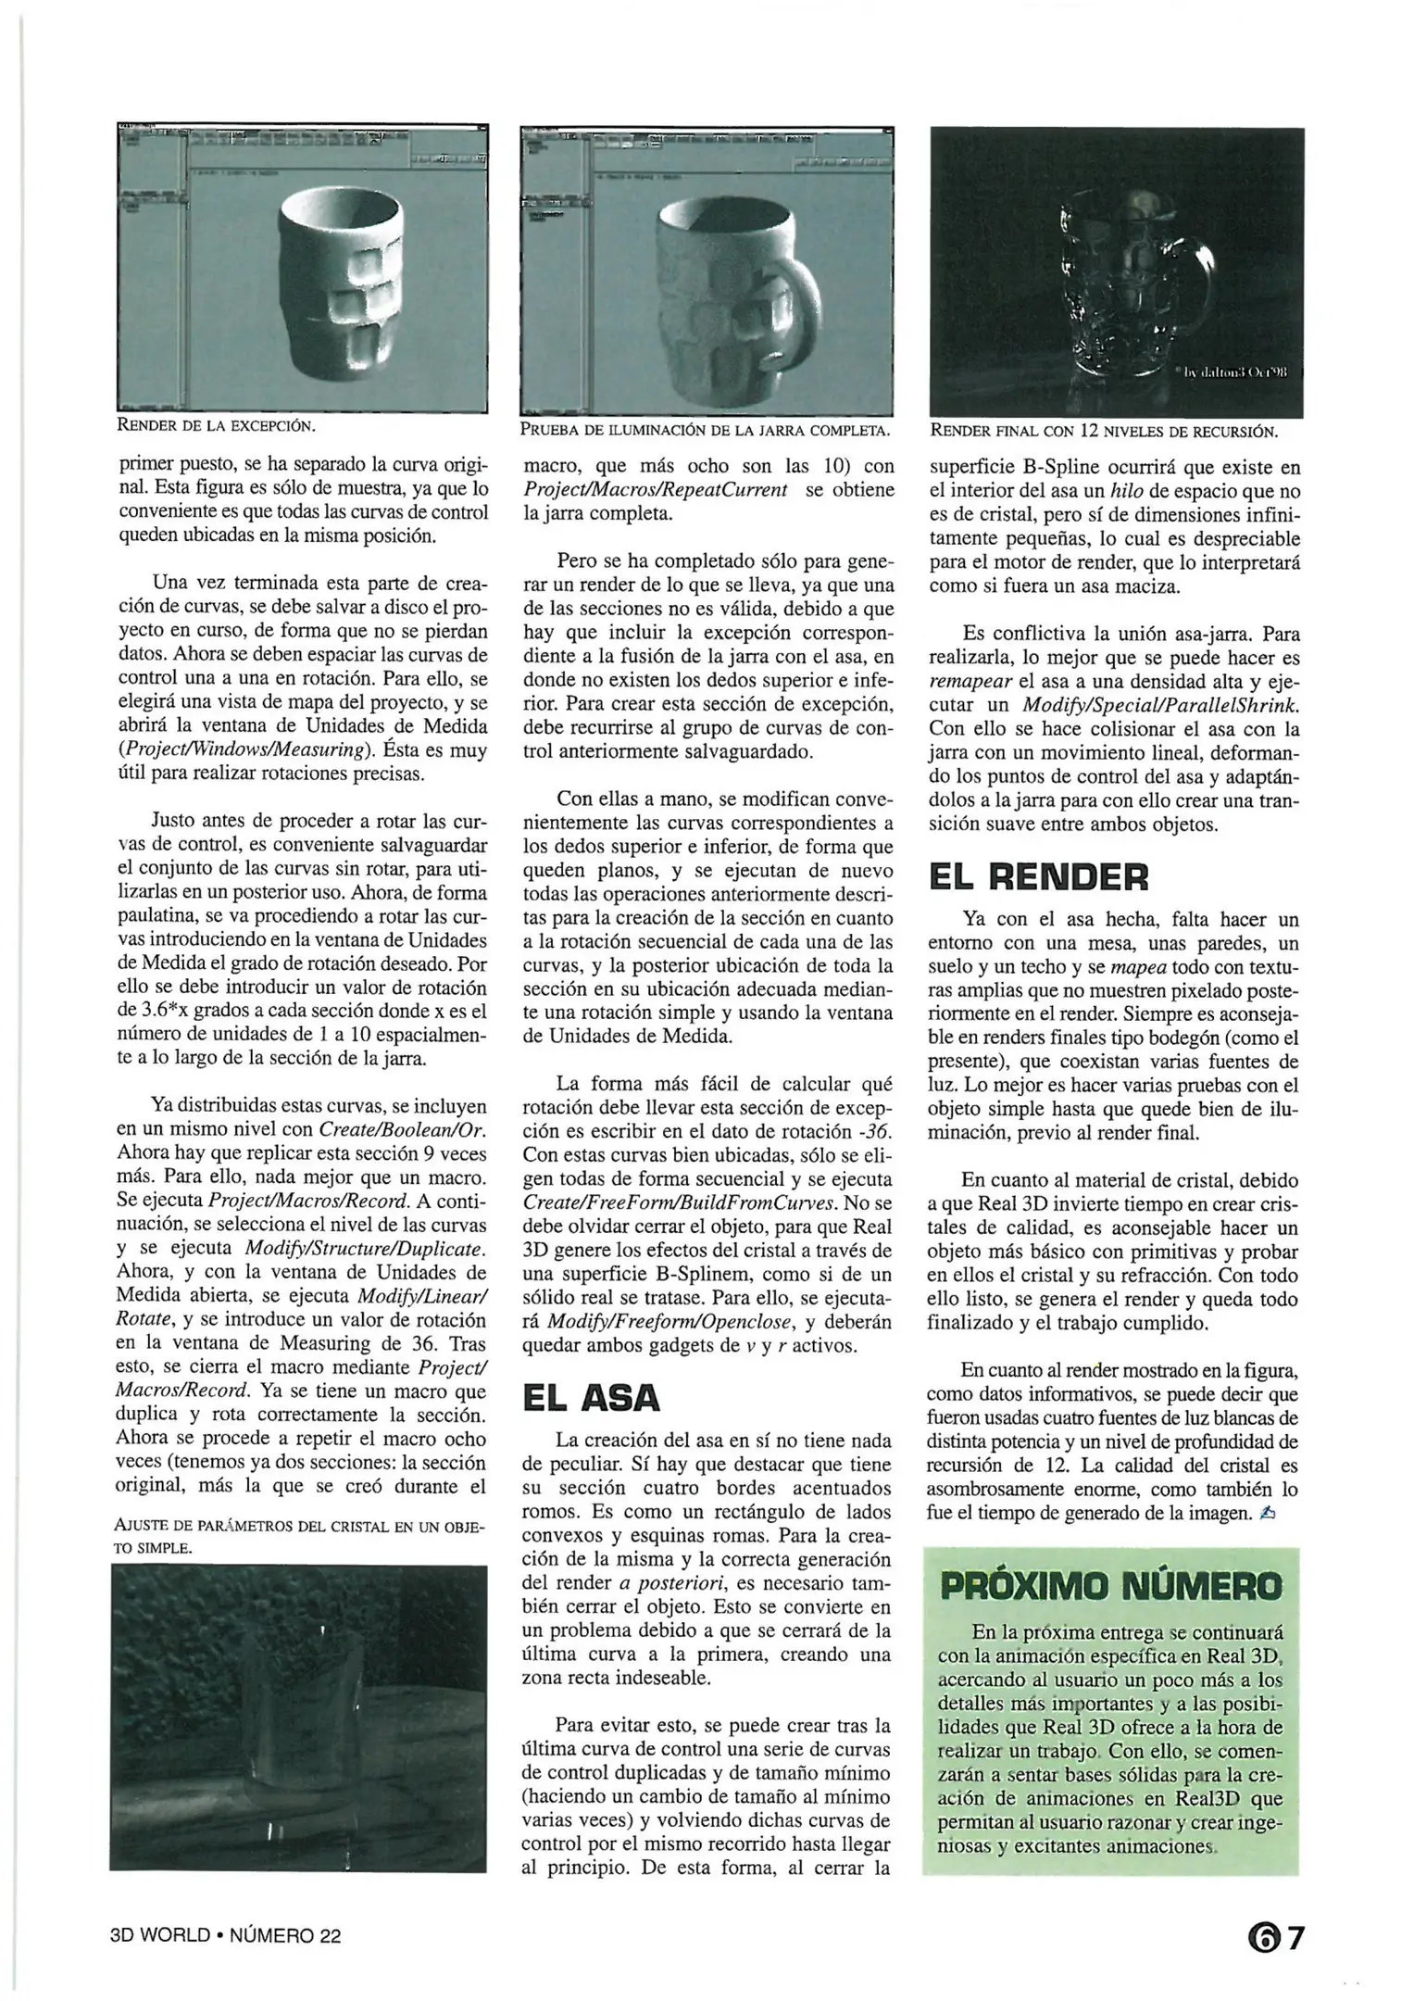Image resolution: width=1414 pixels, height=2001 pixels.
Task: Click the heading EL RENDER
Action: tap(1038, 876)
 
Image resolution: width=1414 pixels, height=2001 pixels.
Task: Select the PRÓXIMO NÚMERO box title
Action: tap(1111, 1586)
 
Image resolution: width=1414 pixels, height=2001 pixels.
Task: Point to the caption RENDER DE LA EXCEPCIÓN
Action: tap(216, 426)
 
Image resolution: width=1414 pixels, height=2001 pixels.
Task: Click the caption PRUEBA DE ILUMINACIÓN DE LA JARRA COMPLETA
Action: tap(705, 431)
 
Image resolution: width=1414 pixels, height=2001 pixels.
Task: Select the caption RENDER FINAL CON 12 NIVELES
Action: tap(1103, 432)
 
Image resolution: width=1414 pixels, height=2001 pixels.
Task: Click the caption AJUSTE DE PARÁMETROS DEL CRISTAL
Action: tap(298, 1536)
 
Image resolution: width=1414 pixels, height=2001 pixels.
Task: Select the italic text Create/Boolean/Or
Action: tap(402, 1130)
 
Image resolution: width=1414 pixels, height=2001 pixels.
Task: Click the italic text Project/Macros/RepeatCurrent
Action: tap(656, 490)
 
